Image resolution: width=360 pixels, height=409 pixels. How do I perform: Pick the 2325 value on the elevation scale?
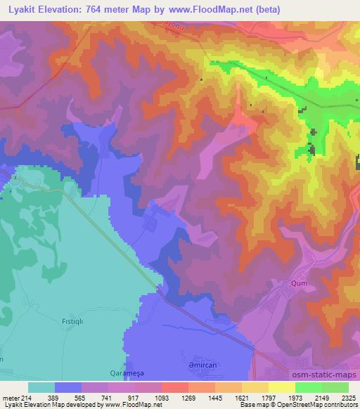349,397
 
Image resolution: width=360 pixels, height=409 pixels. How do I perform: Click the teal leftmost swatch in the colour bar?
41,387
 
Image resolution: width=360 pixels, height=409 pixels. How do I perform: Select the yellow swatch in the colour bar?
282,387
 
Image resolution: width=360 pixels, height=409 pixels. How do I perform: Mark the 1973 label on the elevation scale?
296,397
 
